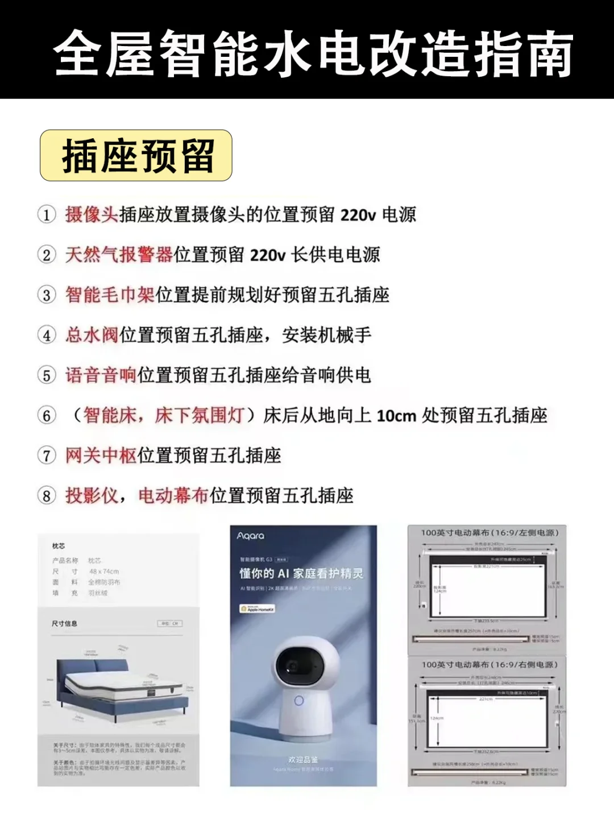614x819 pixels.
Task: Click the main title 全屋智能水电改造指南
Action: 313,54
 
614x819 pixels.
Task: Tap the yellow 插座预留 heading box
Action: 136,155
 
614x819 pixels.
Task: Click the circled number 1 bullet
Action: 47,215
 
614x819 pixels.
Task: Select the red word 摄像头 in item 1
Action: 92,214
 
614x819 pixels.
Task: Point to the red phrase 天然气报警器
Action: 119,255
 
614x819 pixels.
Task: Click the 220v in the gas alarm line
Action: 268,255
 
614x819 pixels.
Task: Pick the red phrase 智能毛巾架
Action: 110,295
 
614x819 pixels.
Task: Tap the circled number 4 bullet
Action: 47,336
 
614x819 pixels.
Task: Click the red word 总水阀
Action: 92,335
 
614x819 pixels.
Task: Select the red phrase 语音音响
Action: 101,375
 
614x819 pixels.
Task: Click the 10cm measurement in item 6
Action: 396,416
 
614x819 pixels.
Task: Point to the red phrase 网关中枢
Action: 101,455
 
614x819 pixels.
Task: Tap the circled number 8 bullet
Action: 47,496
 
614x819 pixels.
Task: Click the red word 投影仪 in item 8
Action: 92,495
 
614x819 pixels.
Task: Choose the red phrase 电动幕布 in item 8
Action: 173,495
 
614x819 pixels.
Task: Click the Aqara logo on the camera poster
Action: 251,536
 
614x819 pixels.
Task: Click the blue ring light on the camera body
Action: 299,701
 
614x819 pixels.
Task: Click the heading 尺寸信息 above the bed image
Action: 64,623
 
